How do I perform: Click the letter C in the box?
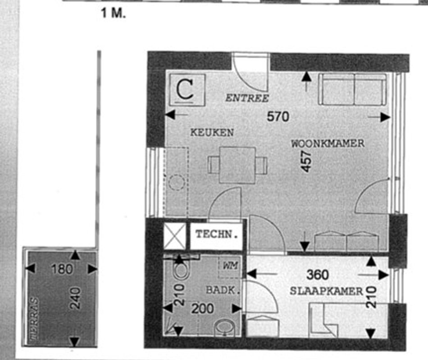coord(185,89)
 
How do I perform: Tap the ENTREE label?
coord(247,98)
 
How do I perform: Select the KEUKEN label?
coord(212,133)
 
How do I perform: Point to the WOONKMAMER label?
coord(328,144)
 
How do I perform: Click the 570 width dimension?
coord(278,117)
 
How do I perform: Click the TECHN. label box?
coord(216,234)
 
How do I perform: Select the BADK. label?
coord(221,290)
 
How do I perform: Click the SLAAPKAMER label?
coord(326,291)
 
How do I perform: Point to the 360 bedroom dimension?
coord(317,274)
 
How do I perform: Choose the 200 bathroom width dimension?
coord(202,308)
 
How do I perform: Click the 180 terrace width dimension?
coord(62,269)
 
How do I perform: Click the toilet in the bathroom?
coord(182,270)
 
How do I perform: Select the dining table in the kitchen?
coord(237,165)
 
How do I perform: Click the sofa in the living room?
coord(353,90)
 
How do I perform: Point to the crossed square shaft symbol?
coord(174,236)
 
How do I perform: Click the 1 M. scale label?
coord(113,14)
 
